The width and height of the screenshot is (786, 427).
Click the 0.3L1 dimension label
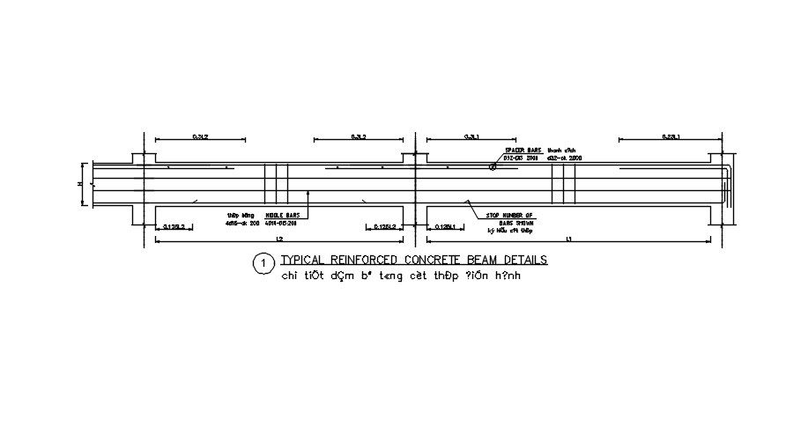[472, 136]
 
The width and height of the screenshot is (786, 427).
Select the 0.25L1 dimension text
[673, 136]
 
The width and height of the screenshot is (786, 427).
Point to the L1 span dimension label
[569, 239]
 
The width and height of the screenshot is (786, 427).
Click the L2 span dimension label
[279, 239]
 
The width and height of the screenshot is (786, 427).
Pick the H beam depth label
[80, 184]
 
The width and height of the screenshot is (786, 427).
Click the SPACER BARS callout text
[522, 151]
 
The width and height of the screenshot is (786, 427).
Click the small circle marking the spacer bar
[493, 166]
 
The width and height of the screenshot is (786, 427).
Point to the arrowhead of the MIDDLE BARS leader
[307, 193]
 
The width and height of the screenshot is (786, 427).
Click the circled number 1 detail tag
[261, 262]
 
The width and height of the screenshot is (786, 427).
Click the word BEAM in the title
[480, 260]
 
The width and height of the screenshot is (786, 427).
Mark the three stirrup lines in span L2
[276, 183]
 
